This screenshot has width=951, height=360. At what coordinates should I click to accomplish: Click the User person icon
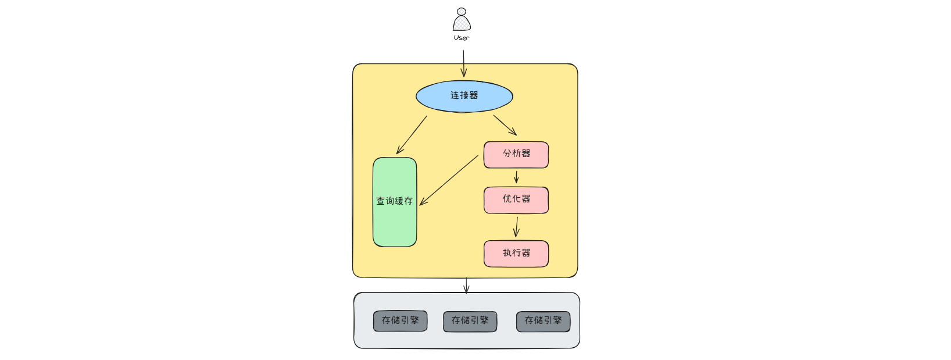click(x=462, y=21)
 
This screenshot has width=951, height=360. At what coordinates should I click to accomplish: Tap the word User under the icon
click(x=462, y=38)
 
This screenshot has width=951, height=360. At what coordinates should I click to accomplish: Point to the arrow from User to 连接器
click(x=464, y=63)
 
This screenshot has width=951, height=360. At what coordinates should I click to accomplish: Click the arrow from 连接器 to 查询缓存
click(x=412, y=135)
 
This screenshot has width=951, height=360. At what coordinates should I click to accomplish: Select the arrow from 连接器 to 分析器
click(x=505, y=124)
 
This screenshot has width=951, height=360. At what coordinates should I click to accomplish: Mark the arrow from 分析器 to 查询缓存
click(x=449, y=180)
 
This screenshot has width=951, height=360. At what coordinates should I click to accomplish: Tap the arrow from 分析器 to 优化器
click(x=516, y=177)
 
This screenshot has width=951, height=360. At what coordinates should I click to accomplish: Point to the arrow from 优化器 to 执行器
click(x=516, y=227)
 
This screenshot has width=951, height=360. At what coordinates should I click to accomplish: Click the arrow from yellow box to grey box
click(x=466, y=286)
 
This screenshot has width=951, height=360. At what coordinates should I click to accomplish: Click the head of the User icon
click(x=462, y=12)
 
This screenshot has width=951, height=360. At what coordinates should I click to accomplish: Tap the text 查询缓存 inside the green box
click(x=395, y=201)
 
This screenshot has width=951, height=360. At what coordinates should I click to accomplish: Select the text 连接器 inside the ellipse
click(x=464, y=95)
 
